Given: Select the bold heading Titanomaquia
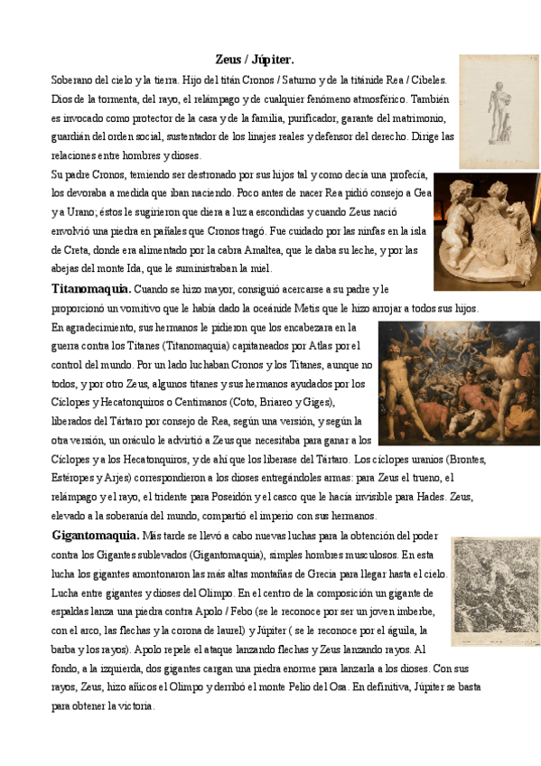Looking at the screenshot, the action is click(x=91, y=289).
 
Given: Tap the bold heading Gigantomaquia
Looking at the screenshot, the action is click(x=96, y=536).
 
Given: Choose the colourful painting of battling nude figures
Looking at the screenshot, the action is click(x=458, y=383).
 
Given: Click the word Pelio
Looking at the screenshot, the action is click(x=322, y=688).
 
